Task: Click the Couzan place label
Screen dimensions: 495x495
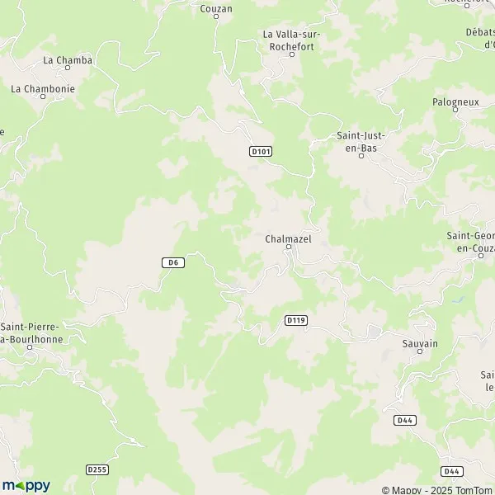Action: pos(216,8)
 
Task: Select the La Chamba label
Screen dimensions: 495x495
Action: pos(68,60)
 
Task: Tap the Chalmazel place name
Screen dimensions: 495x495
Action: pos(288,238)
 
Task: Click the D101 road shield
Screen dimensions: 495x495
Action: pos(261,151)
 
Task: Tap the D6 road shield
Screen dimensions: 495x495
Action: pos(171,262)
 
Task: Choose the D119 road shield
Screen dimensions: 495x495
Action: pos(295,320)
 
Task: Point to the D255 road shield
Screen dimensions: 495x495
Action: pos(97,469)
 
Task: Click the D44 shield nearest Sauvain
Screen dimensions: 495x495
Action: pos(404,420)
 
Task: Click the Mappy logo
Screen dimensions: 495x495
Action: pos(26,485)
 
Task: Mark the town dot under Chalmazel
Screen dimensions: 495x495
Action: pos(289,247)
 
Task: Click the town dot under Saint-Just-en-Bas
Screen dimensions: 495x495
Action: pos(361,154)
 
